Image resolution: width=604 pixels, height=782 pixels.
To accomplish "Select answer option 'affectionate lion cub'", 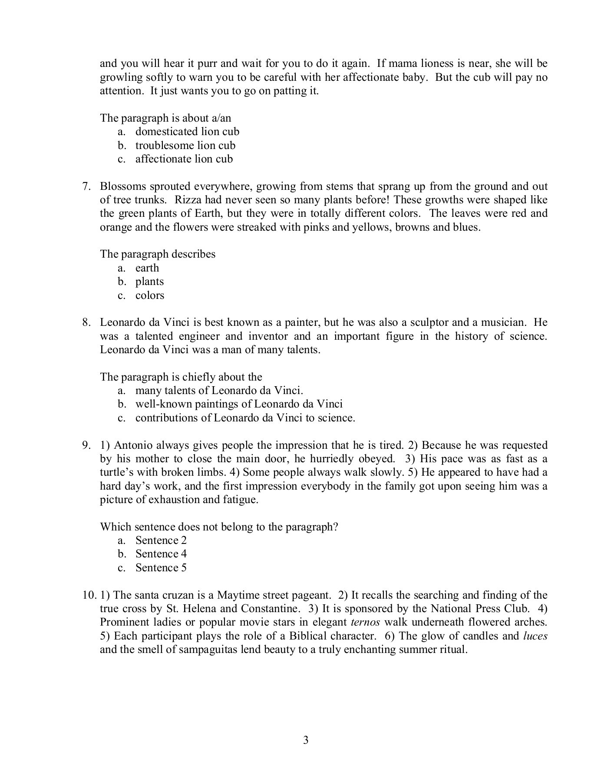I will (184, 159).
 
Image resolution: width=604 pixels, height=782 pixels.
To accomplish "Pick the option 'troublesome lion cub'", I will (185, 146).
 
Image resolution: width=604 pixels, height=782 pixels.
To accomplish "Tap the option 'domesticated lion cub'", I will (187, 132).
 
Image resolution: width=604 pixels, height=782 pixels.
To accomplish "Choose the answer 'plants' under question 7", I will (149, 282).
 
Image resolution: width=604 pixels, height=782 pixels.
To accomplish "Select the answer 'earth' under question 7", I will (147, 268).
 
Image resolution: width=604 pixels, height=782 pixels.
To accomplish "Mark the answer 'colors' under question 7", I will (149, 295).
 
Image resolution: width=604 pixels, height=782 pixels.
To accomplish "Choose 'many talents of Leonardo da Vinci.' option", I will (219, 391).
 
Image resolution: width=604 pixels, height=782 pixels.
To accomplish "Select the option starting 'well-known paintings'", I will (238, 404).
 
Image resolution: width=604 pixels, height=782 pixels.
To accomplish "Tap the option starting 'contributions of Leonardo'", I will (245, 418).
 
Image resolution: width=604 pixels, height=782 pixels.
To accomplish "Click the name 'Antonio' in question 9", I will (132, 445).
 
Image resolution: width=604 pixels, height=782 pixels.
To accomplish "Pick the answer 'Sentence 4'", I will (161, 554).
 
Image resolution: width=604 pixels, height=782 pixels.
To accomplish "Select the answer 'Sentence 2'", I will (161, 540).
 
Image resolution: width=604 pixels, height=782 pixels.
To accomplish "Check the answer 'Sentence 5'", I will (161, 568).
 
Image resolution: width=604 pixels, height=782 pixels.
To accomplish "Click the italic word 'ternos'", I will (365, 622).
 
